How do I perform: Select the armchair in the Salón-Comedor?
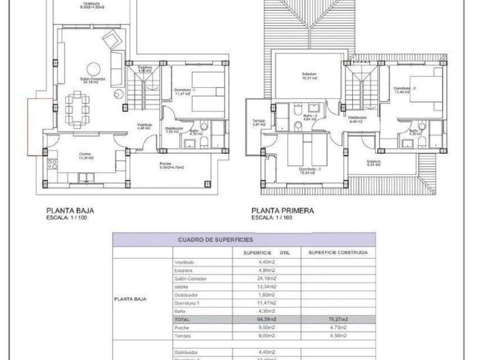111,39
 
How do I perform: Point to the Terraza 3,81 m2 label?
258,123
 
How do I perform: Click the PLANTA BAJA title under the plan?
70,211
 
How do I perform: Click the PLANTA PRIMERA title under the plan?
283,211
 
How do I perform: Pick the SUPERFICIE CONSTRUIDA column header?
338,253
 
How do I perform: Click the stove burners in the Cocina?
53,164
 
